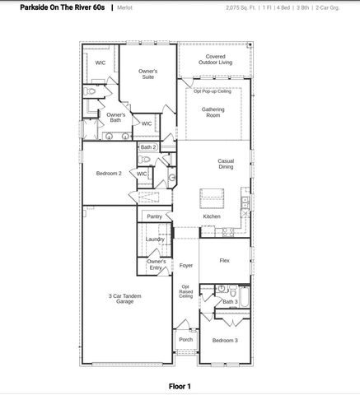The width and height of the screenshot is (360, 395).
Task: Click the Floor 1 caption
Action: (x=180, y=385)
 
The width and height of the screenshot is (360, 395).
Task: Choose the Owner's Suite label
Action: (x=148, y=74)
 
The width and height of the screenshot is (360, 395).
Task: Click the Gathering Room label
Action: (x=213, y=112)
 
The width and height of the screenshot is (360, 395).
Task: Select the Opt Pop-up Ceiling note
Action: (x=213, y=91)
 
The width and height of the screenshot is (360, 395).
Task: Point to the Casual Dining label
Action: (x=226, y=164)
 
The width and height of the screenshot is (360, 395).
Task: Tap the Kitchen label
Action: (x=212, y=216)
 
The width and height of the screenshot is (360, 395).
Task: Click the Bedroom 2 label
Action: (x=109, y=174)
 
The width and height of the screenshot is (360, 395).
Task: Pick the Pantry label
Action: (x=154, y=217)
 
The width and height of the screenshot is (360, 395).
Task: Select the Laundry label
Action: (x=155, y=239)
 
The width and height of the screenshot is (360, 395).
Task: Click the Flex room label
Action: (x=224, y=260)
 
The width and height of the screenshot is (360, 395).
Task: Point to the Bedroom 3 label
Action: (x=224, y=340)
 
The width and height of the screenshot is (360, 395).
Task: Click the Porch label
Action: (x=185, y=339)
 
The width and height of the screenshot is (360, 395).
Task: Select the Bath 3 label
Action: (x=230, y=302)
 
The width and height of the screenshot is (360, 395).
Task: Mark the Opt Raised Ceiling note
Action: (x=186, y=291)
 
